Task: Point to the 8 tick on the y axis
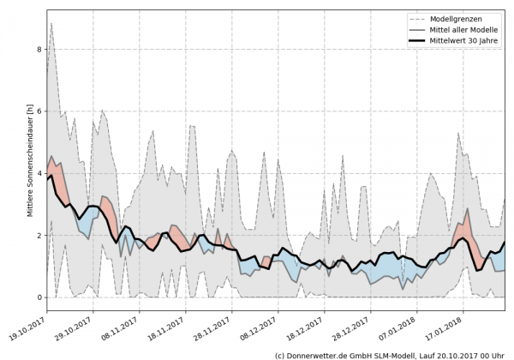38,49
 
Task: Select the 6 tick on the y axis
38,111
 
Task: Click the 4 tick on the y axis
38,173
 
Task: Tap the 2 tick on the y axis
38,235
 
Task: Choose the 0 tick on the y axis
38,297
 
